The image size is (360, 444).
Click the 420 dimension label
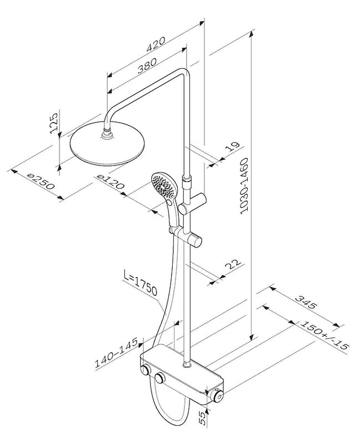(156, 44)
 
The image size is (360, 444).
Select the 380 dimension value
(147, 65)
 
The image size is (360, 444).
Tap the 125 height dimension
(53, 123)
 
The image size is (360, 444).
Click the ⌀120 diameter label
(111, 181)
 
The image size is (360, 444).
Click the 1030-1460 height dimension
(244, 185)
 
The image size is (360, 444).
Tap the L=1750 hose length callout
(141, 283)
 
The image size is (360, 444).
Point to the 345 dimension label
(306, 301)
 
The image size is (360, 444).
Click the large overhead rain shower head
(108, 143)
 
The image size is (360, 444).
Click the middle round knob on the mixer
(160, 377)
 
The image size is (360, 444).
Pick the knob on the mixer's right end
(218, 396)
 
